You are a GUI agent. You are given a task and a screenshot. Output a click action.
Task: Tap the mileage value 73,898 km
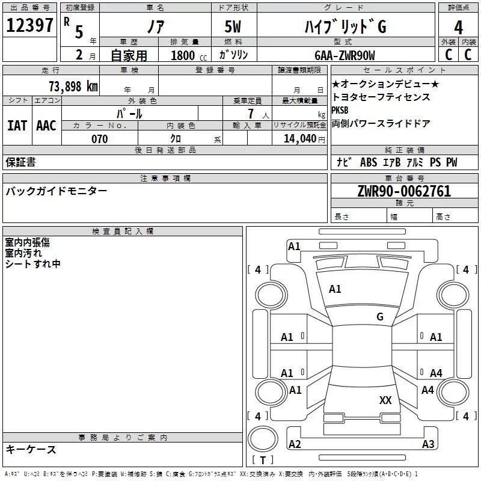click(73, 86)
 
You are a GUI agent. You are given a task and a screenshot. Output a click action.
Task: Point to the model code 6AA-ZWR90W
click(345, 55)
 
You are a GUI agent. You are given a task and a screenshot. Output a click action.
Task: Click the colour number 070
click(99, 139)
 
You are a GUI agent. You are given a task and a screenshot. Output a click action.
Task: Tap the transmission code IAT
click(17, 125)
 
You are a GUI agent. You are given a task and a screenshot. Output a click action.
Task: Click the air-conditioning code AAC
click(46, 125)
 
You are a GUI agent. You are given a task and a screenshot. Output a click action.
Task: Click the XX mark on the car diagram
click(385, 400)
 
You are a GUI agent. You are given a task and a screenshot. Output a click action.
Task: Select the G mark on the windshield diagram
click(380, 317)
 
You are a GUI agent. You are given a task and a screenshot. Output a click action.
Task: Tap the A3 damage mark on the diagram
click(428, 444)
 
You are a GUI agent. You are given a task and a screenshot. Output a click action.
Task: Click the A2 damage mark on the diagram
click(295, 444)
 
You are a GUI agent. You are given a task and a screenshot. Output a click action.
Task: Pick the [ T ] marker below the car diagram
click(262, 460)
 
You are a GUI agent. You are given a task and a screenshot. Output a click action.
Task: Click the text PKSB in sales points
click(340, 111)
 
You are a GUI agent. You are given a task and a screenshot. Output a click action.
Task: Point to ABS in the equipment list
click(368, 162)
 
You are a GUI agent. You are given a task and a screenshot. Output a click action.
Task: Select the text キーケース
click(31, 449)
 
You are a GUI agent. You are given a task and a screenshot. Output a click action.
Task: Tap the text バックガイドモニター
click(57, 191)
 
